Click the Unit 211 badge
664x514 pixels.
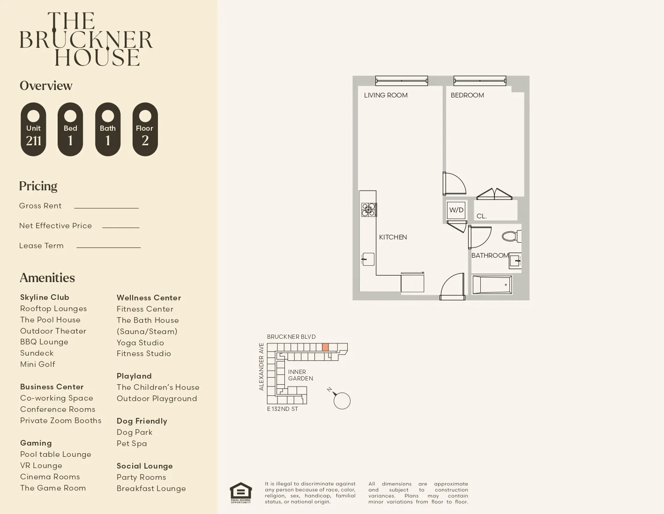(33, 129)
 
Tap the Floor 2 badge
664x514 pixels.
(145, 129)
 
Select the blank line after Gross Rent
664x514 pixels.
(106, 207)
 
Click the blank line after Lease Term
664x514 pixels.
(108, 247)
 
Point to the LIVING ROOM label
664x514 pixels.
(386, 95)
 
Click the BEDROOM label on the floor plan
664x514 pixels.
(467, 95)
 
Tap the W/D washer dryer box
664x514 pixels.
(456, 210)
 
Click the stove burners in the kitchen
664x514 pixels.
(368, 209)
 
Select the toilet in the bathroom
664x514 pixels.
(511, 236)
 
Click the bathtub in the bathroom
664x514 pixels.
(492, 284)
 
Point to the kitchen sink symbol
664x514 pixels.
(368, 259)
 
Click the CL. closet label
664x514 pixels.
(482, 216)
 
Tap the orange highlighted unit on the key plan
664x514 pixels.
(325, 347)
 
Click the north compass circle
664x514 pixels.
(342, 401)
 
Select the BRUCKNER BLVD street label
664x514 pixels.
(291, 337)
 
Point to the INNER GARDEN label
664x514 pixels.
(300, 375)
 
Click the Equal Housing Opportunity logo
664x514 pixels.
(240, 492)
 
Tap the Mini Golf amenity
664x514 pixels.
(37, 364)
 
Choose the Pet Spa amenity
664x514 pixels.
(132, 443)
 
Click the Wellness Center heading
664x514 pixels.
(149, 298)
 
